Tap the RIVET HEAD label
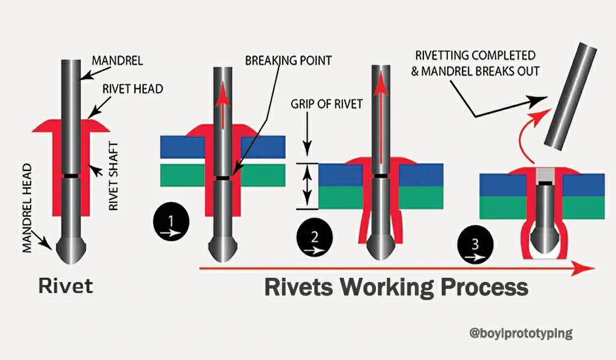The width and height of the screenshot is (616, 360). [133, 89]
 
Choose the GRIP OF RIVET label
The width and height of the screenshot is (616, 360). [327, 104]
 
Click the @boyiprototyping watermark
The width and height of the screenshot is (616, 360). [521, 333]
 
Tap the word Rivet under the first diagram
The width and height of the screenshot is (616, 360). [66, 286]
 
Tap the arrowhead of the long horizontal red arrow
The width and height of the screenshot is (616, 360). [584, 267]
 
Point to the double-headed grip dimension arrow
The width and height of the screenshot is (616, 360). [308, 185]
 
